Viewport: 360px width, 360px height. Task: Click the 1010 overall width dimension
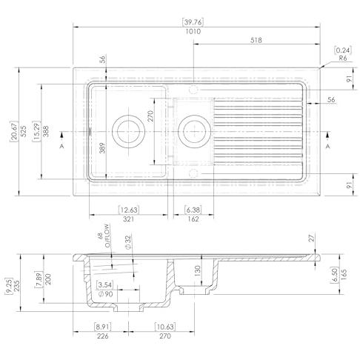(x=193, y=31)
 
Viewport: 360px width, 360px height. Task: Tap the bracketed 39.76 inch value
(x=193, y=22)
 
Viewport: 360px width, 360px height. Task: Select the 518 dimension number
(x=256, y=40)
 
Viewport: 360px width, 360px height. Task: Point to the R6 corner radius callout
(x=342, y=59)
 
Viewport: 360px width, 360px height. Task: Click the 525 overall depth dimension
(x=23, y=131)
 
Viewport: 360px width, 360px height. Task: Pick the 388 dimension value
(x=46, y=131)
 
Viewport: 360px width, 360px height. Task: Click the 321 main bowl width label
(x=128, y=219)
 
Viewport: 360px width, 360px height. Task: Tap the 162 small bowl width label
(x=193, y=219)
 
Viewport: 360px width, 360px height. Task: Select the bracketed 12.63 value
(x=128, y=210)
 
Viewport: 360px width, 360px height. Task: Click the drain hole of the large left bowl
(x=128, y=131)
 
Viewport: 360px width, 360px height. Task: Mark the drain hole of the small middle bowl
(x=194, y=131)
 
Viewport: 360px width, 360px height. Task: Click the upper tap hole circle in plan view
(x=193, y=89)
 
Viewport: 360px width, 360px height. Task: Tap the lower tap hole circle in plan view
(x=193, y=173)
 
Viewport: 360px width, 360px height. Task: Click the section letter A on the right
(x=328, y=146)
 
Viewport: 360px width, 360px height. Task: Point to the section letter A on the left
(x=61, y=146)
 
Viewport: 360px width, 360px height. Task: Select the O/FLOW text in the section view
(x=107, y=236)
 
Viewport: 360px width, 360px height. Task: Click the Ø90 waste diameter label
(x=105, y=294)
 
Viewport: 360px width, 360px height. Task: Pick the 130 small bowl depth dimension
(x=197, y=271)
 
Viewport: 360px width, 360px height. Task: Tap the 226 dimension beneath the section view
(x=102, y=336)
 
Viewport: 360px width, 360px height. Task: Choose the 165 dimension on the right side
(x=344, y=274)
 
